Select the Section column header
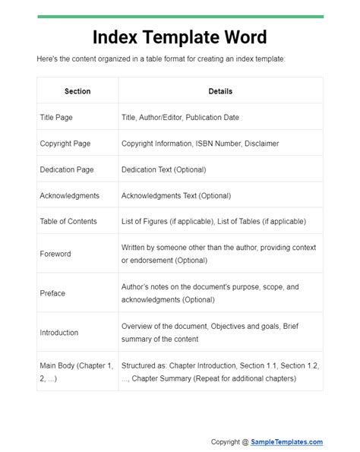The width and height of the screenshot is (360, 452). pos(77,91)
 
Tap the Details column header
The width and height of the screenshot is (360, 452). pos(220,91)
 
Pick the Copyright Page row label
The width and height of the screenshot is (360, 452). pos(66,144)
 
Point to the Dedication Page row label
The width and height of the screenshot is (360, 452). pos(67,169)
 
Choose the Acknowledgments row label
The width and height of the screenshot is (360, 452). pos(69,195)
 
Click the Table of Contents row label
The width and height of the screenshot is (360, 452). pos(68,221)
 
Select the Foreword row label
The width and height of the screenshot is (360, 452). pos(55,254)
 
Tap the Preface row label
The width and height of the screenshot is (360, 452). pos(52,293)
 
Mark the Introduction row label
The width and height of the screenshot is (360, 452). pos(59,332)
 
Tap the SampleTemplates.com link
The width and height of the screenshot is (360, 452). pos(287,442)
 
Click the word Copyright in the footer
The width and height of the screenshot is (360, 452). pos(226,442)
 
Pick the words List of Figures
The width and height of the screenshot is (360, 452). pos(149,221)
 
